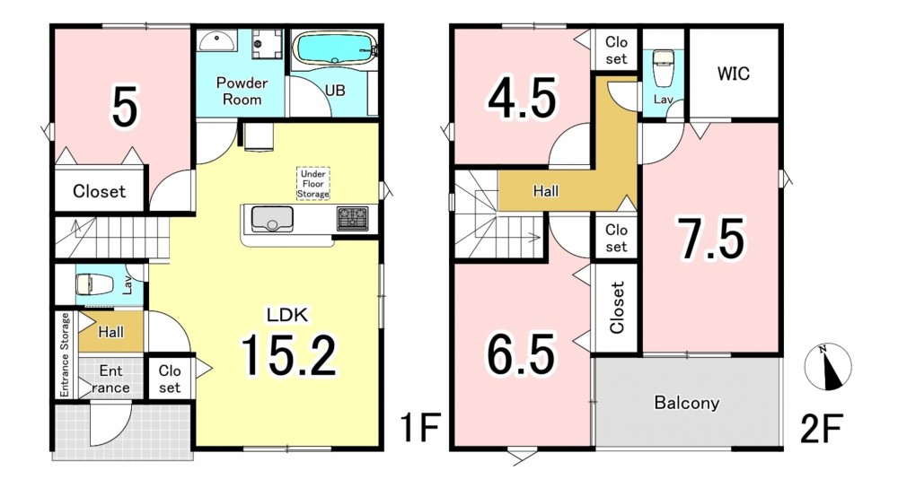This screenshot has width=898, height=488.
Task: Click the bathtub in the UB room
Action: tap(334, 49)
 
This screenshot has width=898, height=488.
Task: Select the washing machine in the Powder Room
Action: tap(268, 43)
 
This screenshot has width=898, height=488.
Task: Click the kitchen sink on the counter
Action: tap(272, 219)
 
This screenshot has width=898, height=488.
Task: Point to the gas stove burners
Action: tap(353, 218)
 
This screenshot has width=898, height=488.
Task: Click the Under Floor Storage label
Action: tap(313, 184)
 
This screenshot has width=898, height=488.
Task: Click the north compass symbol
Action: tap(828, 367)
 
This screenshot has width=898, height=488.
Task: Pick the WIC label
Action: tap(733, 74)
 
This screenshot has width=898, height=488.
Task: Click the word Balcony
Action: tap(687, 402)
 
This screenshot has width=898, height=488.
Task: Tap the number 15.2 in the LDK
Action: tap(288, 354)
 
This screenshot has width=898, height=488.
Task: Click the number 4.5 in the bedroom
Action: tap(522, 99)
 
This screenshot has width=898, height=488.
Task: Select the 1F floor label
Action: tap(419, 429)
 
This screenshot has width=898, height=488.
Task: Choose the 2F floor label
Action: tap(822, 429)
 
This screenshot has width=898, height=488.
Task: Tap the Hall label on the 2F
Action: tap(546, 190)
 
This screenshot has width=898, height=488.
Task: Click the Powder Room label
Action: tap(242, 91)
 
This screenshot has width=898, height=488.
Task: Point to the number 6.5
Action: tap(521, 354)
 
